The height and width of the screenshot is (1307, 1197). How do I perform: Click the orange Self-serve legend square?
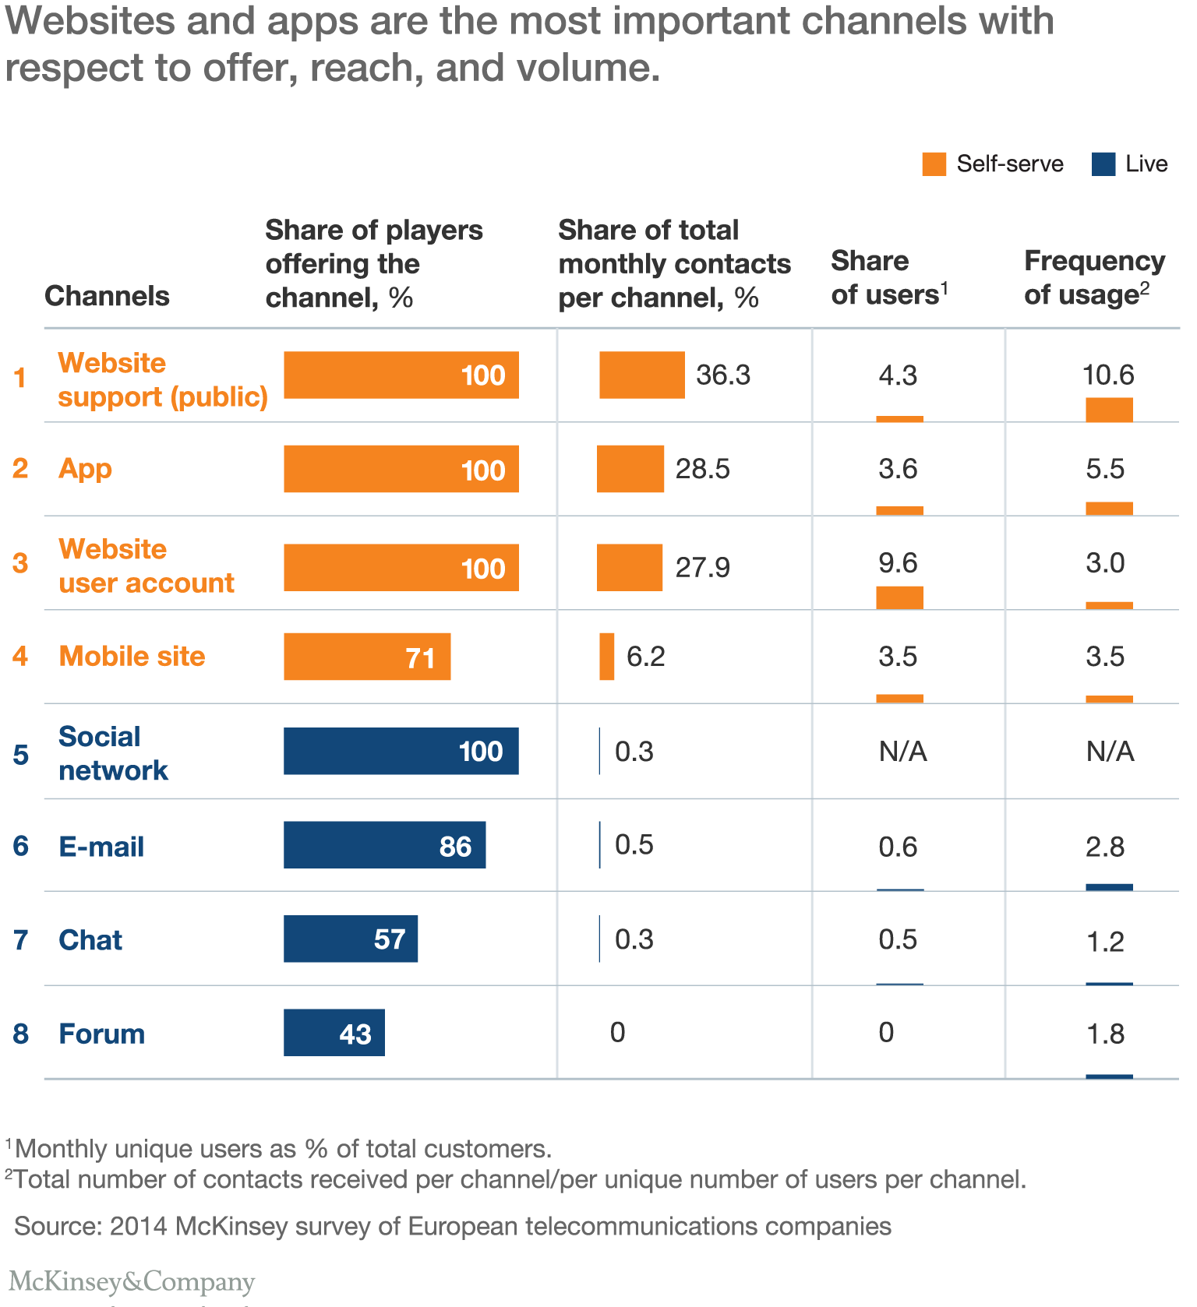934,164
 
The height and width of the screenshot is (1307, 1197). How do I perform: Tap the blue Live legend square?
1103,164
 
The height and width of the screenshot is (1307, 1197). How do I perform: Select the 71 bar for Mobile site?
367,657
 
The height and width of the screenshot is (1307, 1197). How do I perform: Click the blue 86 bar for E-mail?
384,845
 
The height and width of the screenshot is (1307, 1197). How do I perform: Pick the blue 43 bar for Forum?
334,1033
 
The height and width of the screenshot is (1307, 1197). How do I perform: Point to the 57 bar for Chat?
350,939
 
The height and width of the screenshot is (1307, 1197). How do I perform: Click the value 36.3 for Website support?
723,375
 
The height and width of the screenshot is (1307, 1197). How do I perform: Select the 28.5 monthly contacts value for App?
702,469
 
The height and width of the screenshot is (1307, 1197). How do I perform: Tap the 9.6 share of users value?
898,563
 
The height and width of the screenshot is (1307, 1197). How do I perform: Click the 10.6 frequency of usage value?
1108,375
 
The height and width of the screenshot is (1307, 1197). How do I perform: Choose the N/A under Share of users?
902,752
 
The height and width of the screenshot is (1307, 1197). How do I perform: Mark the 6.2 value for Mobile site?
646,657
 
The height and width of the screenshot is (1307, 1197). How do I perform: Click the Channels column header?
107,296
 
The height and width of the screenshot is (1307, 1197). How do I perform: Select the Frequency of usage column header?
1094,277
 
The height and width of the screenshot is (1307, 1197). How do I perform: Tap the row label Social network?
113,753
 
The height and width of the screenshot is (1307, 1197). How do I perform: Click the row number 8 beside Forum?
21,1034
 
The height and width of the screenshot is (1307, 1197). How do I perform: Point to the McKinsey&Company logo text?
132,1281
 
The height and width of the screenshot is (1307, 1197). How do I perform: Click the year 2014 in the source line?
138,1226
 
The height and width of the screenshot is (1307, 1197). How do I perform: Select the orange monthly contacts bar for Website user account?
629,567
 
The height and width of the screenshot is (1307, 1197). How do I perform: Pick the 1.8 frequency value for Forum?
1105,1034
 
